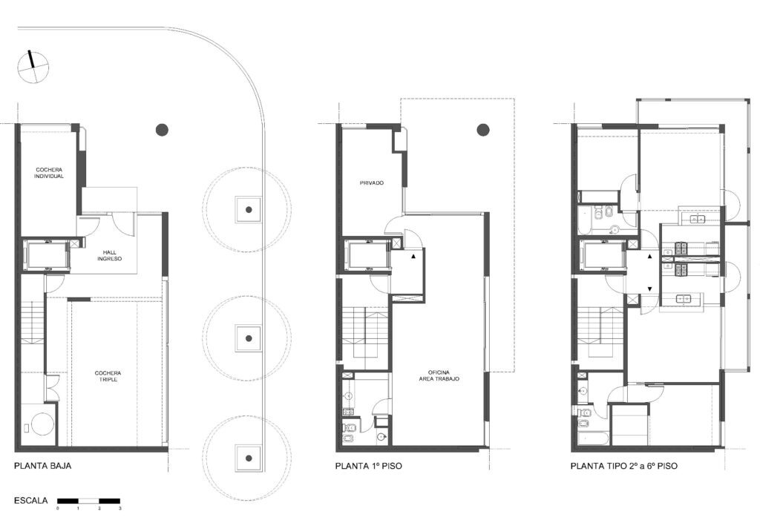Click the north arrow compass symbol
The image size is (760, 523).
(33, 66)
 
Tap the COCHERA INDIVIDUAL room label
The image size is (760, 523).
(49, 173)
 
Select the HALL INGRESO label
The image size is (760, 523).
(110, 255)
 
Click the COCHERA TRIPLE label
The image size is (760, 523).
(108, 376)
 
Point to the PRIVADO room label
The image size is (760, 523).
(372, 183)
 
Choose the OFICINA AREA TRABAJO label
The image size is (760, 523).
(439, 375)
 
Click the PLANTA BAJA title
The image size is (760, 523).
(42, 466)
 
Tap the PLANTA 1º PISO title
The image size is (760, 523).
(368, 466)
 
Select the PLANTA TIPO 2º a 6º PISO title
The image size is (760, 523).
(623, 466)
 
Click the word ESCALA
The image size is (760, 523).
(31, 500)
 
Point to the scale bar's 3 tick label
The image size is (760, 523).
(119, 508)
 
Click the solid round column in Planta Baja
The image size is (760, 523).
(162, 129)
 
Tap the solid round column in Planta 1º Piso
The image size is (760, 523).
(483, 129)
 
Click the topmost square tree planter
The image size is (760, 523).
(249, 209)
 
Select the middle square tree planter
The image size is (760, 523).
(249, 338)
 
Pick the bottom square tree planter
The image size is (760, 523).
(249, 458)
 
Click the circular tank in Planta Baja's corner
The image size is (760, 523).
(42, 424)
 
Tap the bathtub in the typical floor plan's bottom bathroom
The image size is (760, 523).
(593, 438)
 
